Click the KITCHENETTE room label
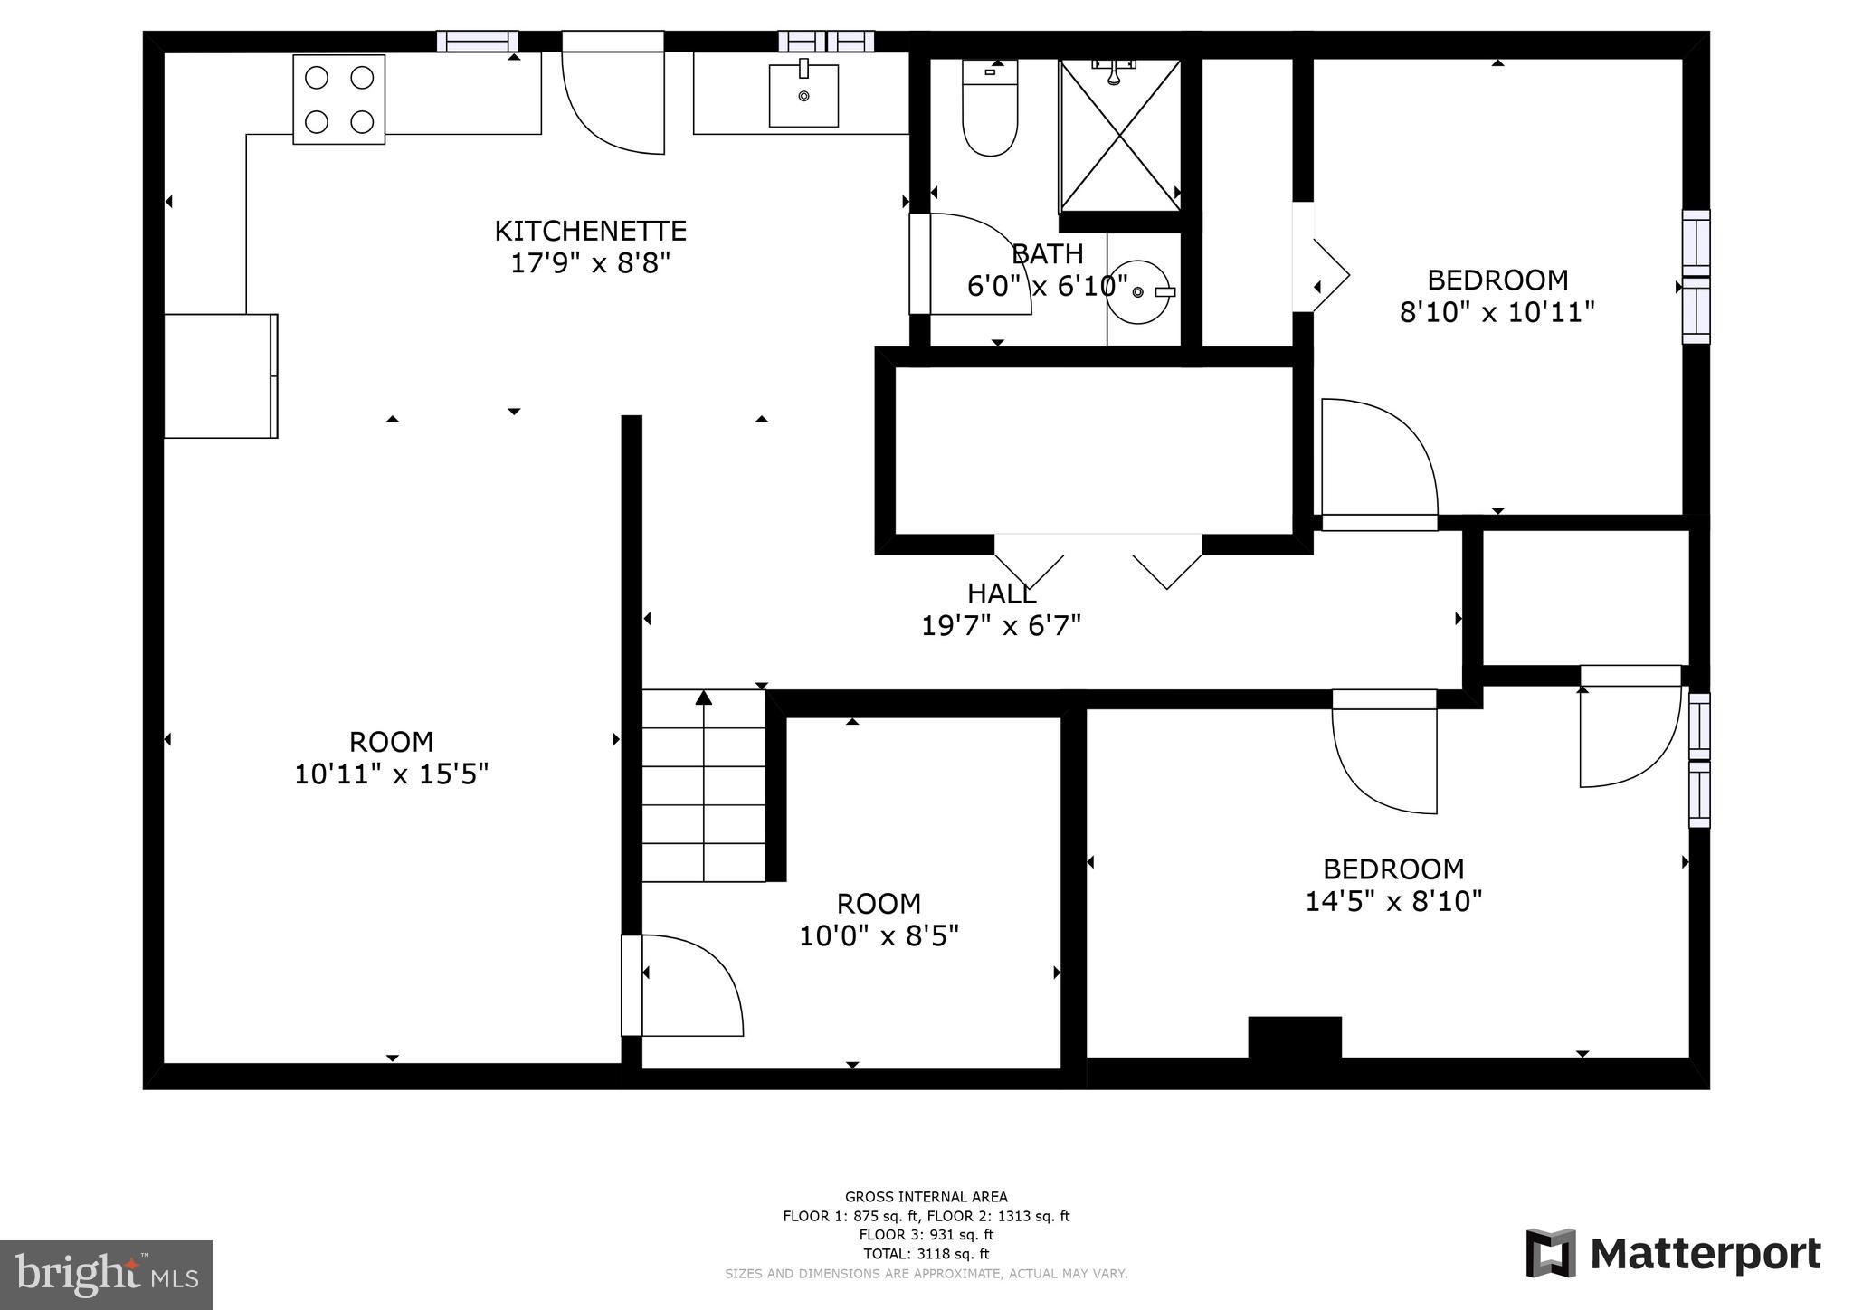point(590,231)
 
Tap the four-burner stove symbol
point(338,100)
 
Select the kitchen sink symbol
point(803,94)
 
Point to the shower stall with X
point(1120,136)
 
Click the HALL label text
point(1001,594)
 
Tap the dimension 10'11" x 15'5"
point(391,774)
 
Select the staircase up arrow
point(704,698)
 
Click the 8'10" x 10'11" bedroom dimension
point(1497,313)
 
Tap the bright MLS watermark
point(107,1275)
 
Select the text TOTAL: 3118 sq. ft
point(926,1254)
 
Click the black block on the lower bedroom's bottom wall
point(1294,1037)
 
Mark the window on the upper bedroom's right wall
point(1696,277)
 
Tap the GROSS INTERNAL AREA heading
point(926,1197)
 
